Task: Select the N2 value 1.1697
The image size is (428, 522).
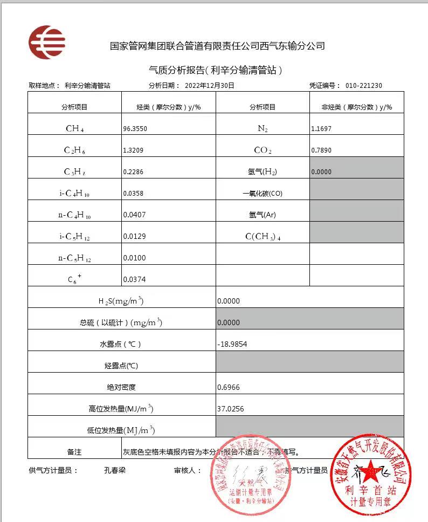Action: click(x=321, y=129)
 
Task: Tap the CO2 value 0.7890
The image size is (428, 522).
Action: click(x=321, y=150)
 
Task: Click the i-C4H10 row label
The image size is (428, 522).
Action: click(x=74, y=194)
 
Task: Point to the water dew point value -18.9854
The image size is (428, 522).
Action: click(x=232, y=344)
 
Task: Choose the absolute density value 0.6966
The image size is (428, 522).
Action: click(x=229, y=387)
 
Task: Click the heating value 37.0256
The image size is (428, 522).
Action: click(x=230, y=409)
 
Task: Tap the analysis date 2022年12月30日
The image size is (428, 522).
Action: click(x=210, y=86)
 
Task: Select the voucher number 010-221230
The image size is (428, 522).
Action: click(x=364, y=86)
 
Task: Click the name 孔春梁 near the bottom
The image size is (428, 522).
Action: click(x=114, y=470)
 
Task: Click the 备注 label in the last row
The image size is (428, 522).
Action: click(x=74, y=452)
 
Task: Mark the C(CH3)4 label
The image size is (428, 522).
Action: click(x=263, y=237)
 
